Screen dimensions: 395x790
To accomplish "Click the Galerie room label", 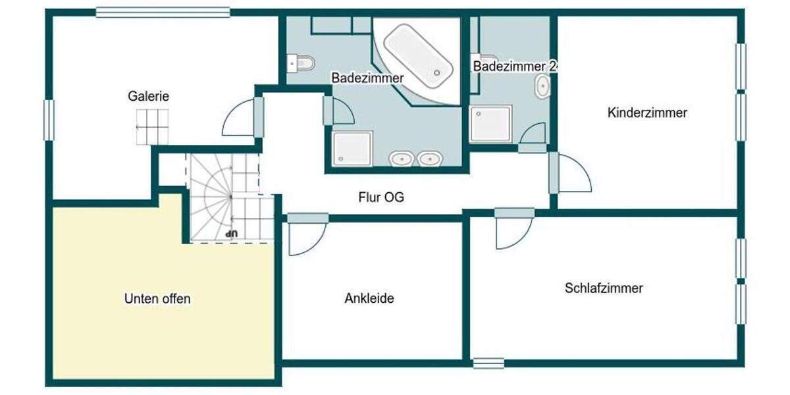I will click(x=148, y=96).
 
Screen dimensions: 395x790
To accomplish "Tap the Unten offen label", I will click(x=157, y=299).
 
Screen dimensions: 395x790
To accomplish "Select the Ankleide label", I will click(x=369, y=298).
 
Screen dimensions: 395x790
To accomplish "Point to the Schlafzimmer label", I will click(x=604, y=288).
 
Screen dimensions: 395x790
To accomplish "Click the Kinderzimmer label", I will click(x=647, y=113).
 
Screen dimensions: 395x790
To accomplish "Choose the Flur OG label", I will click(x=381, y=196).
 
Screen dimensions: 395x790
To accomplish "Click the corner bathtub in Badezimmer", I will click(x=419, y=55).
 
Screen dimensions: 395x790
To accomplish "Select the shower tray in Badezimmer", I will click(x=352, y=147).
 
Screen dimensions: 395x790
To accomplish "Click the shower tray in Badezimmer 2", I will click(x=490, y=124).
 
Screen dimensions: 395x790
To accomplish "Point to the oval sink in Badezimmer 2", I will click(x=542, y=87).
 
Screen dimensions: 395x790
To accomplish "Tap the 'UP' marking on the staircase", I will click(x=230, y=233).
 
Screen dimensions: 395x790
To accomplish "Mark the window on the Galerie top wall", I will click(x=163, y=12).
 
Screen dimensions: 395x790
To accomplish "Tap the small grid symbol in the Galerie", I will click(x=152, y=126).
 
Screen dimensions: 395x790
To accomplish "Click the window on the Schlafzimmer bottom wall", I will click(x=488, y=363).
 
